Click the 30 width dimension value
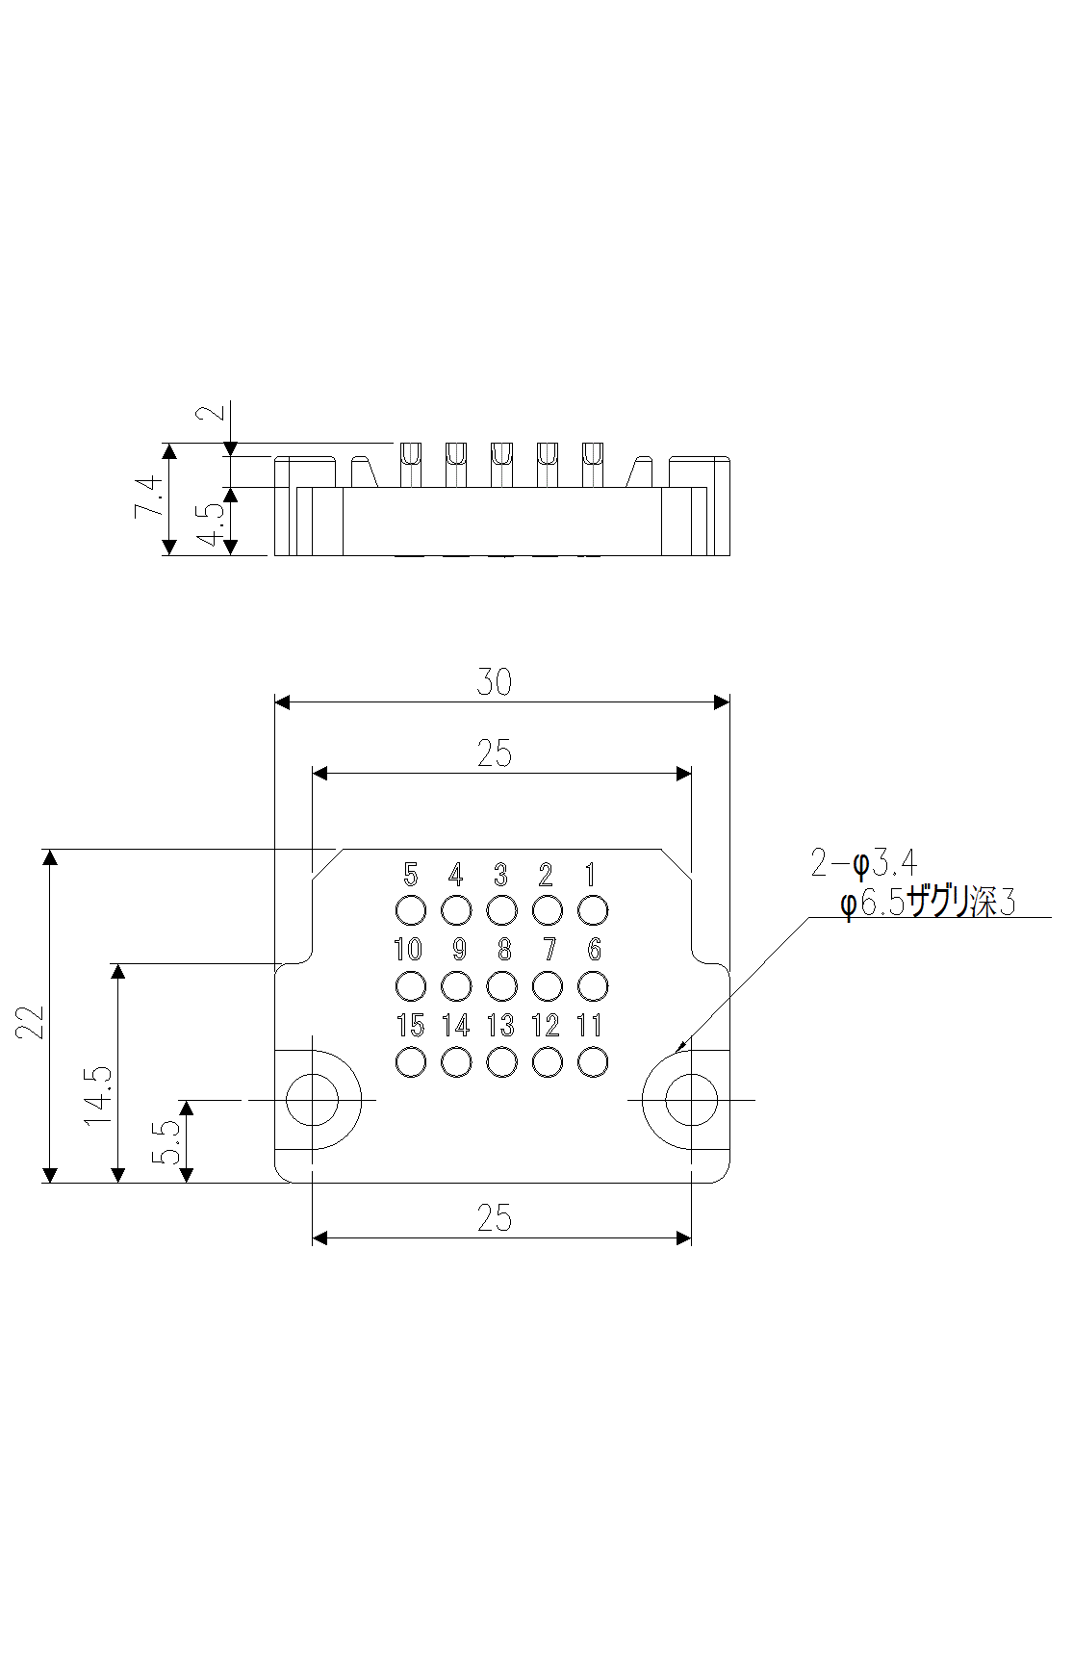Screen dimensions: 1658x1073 click(x=494, y=682)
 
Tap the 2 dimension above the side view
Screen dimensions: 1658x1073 click(x=213, y=411)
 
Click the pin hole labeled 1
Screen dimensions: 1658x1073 click(x=593, y=909)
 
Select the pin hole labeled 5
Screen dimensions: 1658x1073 click(x=411, y=909)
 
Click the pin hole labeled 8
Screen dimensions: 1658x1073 click(x=501, y=985)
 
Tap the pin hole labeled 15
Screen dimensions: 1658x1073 click(x=411, y=1061)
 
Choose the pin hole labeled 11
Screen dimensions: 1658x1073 click(x=593, y=1061)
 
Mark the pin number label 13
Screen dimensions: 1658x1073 click(x=500, y=1026)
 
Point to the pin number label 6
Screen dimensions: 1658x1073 click(x=594, y=950)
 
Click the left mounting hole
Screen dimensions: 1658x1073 click(x=313, y=1099)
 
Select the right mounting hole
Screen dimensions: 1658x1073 click(x=691, y=1099)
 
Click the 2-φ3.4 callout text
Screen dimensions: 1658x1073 click(x=863, y=864)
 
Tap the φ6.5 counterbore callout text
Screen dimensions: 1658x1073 click(x=927, y=904)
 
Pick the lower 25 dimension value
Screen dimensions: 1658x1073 click(x=494, y=1218)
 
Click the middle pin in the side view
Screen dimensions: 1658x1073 click(x=501, y=464)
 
